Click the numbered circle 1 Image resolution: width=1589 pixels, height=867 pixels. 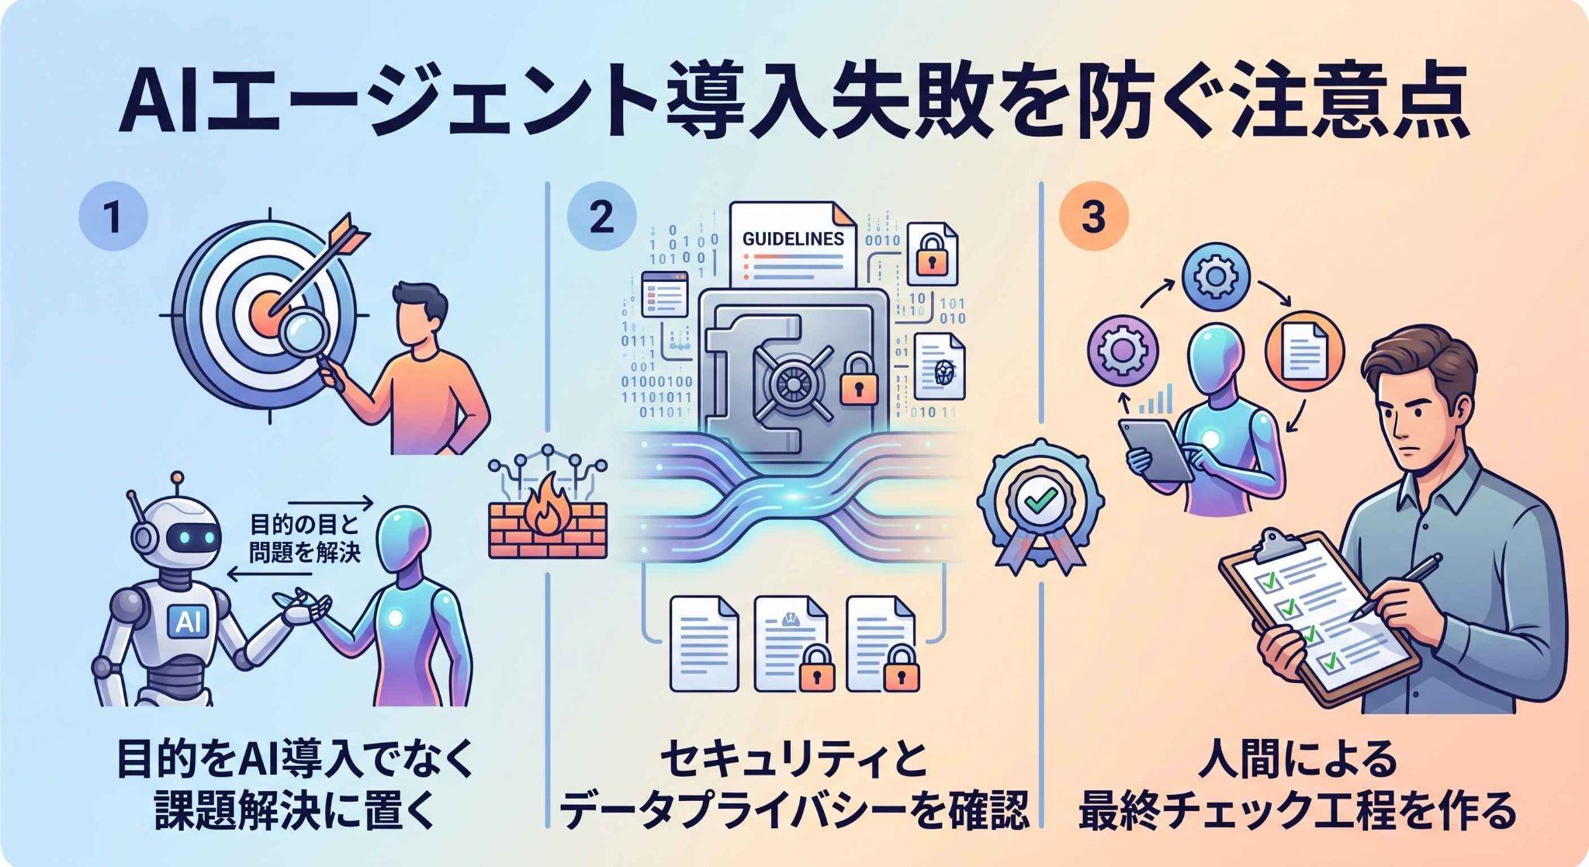tap(113, 216)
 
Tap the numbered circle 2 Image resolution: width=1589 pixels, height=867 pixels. tap(601, 216)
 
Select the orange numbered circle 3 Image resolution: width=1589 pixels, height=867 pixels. tap(1093, 216)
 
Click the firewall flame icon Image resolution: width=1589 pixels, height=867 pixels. tap(546, 502)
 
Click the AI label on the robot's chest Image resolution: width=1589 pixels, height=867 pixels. tap(187, 621)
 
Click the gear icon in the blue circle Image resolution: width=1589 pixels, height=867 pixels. tap(1215, 277)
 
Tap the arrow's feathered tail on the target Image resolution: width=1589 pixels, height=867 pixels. tap(347, 234)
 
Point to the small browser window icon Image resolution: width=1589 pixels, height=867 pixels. tap(666, 294)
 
